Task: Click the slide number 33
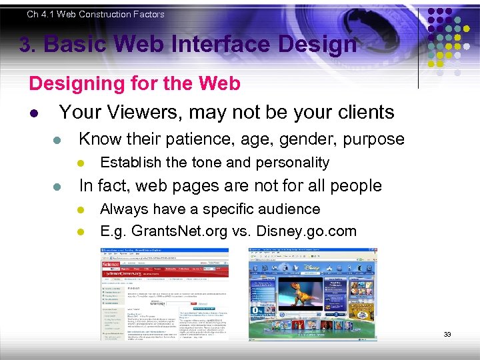click(447, 334)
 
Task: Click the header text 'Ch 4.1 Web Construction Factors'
click(95, 14)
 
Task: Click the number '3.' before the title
click(27, 45)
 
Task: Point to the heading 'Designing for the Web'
click(134, 83)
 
